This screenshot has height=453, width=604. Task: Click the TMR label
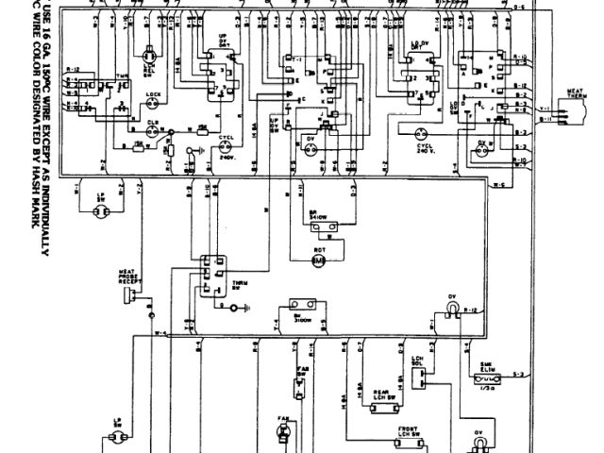point(121,75)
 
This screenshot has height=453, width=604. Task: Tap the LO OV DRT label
point(422,42)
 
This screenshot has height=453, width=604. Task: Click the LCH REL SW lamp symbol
point(147,59)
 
